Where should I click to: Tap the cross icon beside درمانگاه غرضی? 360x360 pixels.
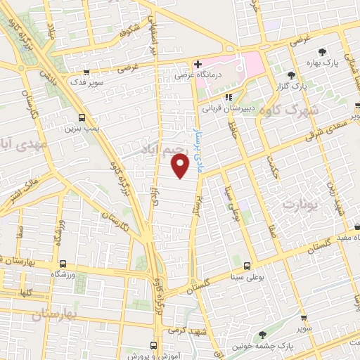(x=198, y=64)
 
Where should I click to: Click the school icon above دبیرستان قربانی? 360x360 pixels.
(x=228, y=98)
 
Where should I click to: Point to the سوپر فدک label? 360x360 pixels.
(x=86, y=82)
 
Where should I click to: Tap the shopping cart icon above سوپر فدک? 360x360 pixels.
(x=86, y=72)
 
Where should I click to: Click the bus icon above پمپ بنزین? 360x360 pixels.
(x=82, y=118)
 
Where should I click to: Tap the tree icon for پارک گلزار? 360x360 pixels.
(x=292, y=75)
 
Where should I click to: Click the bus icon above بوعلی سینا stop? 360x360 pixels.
(x=247, y=266)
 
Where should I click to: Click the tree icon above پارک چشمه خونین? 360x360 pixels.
(x=263, y=335)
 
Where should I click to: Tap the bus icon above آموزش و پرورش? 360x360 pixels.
(x=154, y=345)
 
